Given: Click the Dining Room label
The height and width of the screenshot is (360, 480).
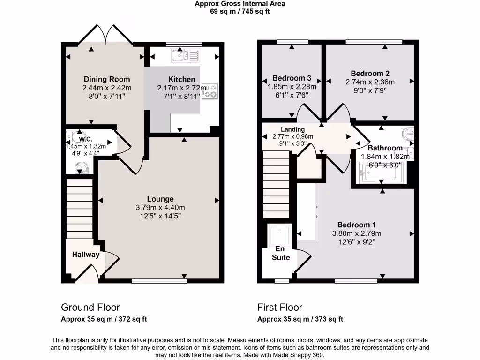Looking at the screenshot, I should [107, 79].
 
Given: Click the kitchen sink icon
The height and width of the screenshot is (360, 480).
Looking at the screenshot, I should [185, 56].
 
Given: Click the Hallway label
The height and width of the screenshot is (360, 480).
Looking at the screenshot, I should [86, 255].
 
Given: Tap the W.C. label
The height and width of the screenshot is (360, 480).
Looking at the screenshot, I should [85, 139].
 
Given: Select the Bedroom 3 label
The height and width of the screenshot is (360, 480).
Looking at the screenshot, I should [292, 78].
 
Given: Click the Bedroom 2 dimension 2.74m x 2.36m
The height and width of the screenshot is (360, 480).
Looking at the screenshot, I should [370, 82].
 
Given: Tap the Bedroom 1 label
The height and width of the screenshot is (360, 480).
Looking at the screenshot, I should [357, 225].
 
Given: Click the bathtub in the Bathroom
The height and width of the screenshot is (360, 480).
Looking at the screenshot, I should [378, 172].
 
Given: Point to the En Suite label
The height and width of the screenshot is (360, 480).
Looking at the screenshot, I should [280, 253].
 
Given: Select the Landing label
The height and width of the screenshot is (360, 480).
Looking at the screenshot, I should [292, 129].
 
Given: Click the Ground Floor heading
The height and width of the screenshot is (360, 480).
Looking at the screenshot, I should [90, 307].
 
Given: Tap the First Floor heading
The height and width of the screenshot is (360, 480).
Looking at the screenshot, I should [280, 307].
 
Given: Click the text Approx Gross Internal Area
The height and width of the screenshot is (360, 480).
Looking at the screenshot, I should [240, 4].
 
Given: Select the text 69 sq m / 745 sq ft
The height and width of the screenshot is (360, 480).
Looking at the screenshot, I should [240, 11].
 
